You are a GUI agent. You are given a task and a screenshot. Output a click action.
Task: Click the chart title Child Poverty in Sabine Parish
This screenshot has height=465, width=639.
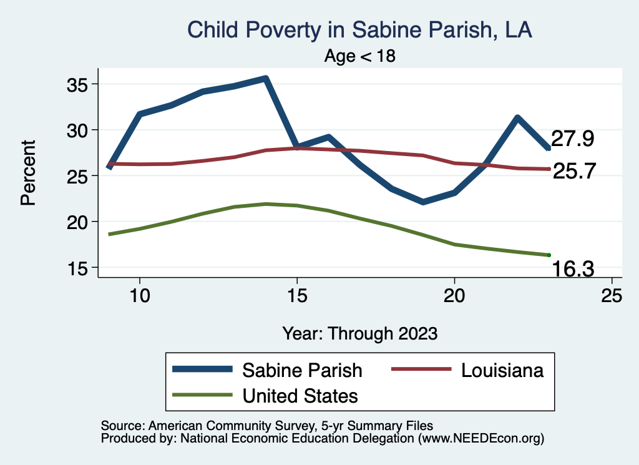[359, 30]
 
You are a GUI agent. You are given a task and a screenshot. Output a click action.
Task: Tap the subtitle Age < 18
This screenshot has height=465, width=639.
[360, 56]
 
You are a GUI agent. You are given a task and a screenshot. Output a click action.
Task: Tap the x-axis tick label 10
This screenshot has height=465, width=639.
[140, 295]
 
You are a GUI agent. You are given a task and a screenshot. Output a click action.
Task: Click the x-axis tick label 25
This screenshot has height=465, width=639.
[612, 295]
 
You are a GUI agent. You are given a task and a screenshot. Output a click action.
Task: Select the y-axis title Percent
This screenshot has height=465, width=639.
[27, 173]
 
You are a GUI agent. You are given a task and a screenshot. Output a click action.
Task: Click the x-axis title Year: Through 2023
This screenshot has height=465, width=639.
[359, 333]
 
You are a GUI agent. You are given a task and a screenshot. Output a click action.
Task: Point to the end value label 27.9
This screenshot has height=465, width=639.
[572, 139]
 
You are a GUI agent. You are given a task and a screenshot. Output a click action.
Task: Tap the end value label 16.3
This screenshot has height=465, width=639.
[572, 269]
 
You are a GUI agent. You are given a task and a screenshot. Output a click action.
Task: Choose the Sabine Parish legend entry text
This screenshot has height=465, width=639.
[302, 370]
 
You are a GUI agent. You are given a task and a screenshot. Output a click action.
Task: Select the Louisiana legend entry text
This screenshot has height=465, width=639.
[502, 370]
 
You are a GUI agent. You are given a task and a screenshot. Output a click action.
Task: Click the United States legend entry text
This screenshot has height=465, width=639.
[300, 396]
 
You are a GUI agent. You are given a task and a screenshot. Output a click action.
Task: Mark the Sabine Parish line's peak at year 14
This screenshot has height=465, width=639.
[266, 79]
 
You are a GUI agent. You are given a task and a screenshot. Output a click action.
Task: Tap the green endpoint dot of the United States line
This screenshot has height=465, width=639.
[549, 255]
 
